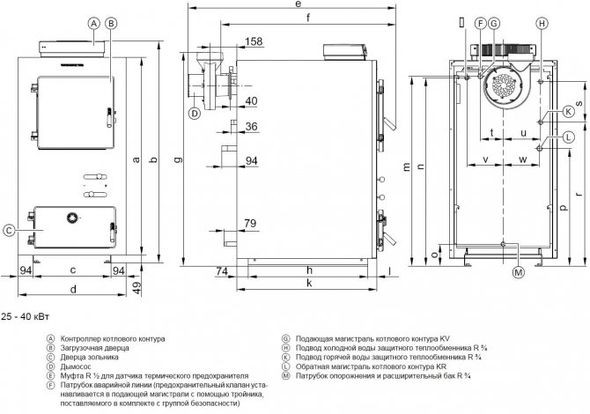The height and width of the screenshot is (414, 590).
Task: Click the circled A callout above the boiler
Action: (94, 25)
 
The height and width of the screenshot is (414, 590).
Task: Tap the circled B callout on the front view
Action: (111, 25)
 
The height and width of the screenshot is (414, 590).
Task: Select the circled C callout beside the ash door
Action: (8, 231)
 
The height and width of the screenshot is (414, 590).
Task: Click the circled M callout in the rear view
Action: (519, 272)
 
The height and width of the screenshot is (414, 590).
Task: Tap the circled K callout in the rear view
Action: (569, 112)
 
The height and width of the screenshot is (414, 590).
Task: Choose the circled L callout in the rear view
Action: (569, 137)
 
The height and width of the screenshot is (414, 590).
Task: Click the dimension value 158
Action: (254, 41)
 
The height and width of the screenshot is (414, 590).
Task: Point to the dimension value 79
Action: (251, 223)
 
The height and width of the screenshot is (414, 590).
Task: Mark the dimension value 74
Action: (222, 270)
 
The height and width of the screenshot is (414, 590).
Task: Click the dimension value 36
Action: (251, 127)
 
